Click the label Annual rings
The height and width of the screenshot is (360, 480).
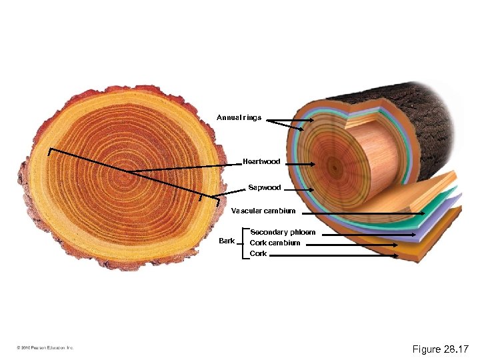point(239,118)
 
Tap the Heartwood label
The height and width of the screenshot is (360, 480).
point(261,162)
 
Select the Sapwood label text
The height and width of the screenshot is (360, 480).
point(264,188)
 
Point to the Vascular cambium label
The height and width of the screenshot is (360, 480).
point(263,211)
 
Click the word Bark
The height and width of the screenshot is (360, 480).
point(227,241)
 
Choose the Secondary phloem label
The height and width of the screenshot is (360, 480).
point(282,233)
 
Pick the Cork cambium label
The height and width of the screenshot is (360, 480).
point(275,243)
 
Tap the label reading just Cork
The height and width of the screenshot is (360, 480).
point(258,253)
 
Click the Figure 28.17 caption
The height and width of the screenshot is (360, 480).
point(441,349)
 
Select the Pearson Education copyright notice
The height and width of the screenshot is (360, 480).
point(45,348)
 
